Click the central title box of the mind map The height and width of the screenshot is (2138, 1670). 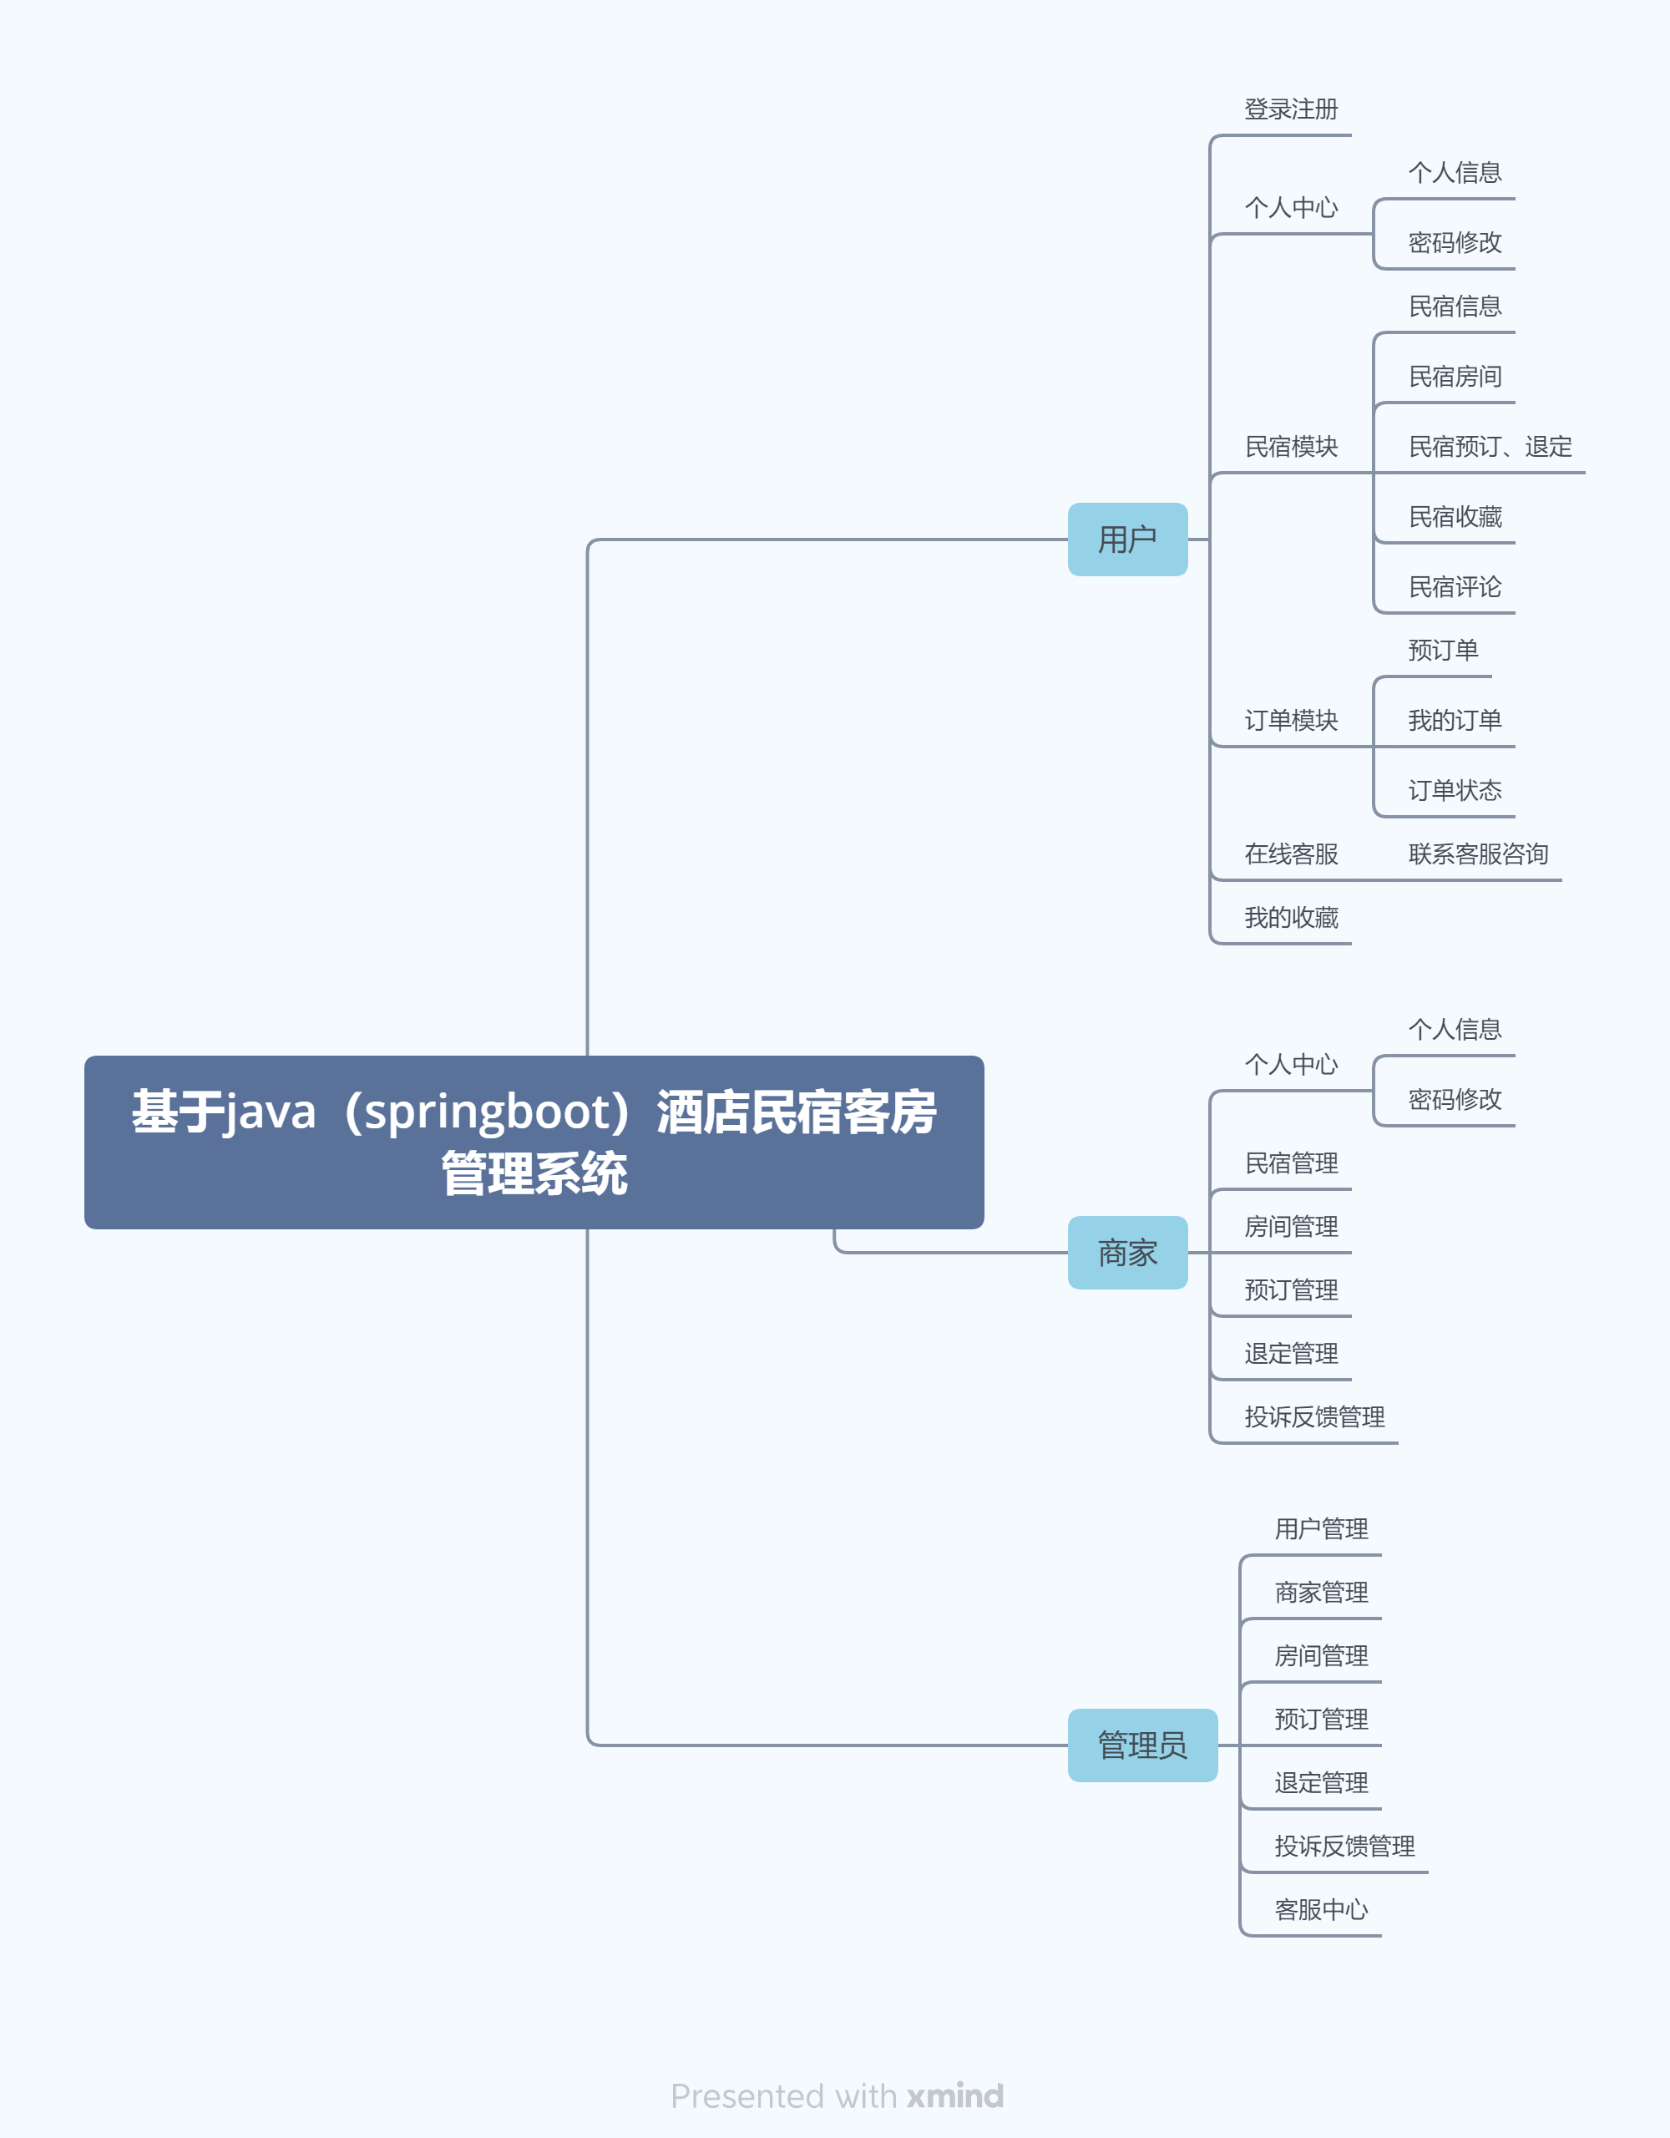[x=534, y=1142]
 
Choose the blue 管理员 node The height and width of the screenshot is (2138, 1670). [x=1141, y=1745]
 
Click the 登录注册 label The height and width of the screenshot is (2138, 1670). [x=1290, y=109]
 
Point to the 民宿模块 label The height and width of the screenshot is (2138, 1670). [x=1290, y=448]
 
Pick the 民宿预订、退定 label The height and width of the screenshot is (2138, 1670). [x=1489, y=448]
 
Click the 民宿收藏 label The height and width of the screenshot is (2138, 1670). [x=1455, y=517]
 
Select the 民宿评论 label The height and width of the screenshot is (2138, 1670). [x=1455, y=587]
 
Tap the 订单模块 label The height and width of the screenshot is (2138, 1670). [x=1290, y=721]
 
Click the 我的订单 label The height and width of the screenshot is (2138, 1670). [x=1455, y=721]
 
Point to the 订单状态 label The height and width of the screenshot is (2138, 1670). [x=1455, y=791]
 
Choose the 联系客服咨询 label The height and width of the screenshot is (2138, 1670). [x=1477, y=854]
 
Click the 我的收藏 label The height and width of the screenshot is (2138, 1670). [x=1290, y=918]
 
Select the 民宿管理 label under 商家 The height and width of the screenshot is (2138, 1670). [x=1290, y=1164]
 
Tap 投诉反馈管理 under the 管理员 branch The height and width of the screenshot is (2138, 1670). [x=1344, y=1847]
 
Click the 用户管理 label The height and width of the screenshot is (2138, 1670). [x=1320, y=1529]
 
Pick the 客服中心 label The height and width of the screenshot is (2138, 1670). [x=1320, y=1910]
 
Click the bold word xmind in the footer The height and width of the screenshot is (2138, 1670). [x=954, y=2096]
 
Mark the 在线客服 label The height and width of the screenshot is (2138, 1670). [x=1290, y=854]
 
